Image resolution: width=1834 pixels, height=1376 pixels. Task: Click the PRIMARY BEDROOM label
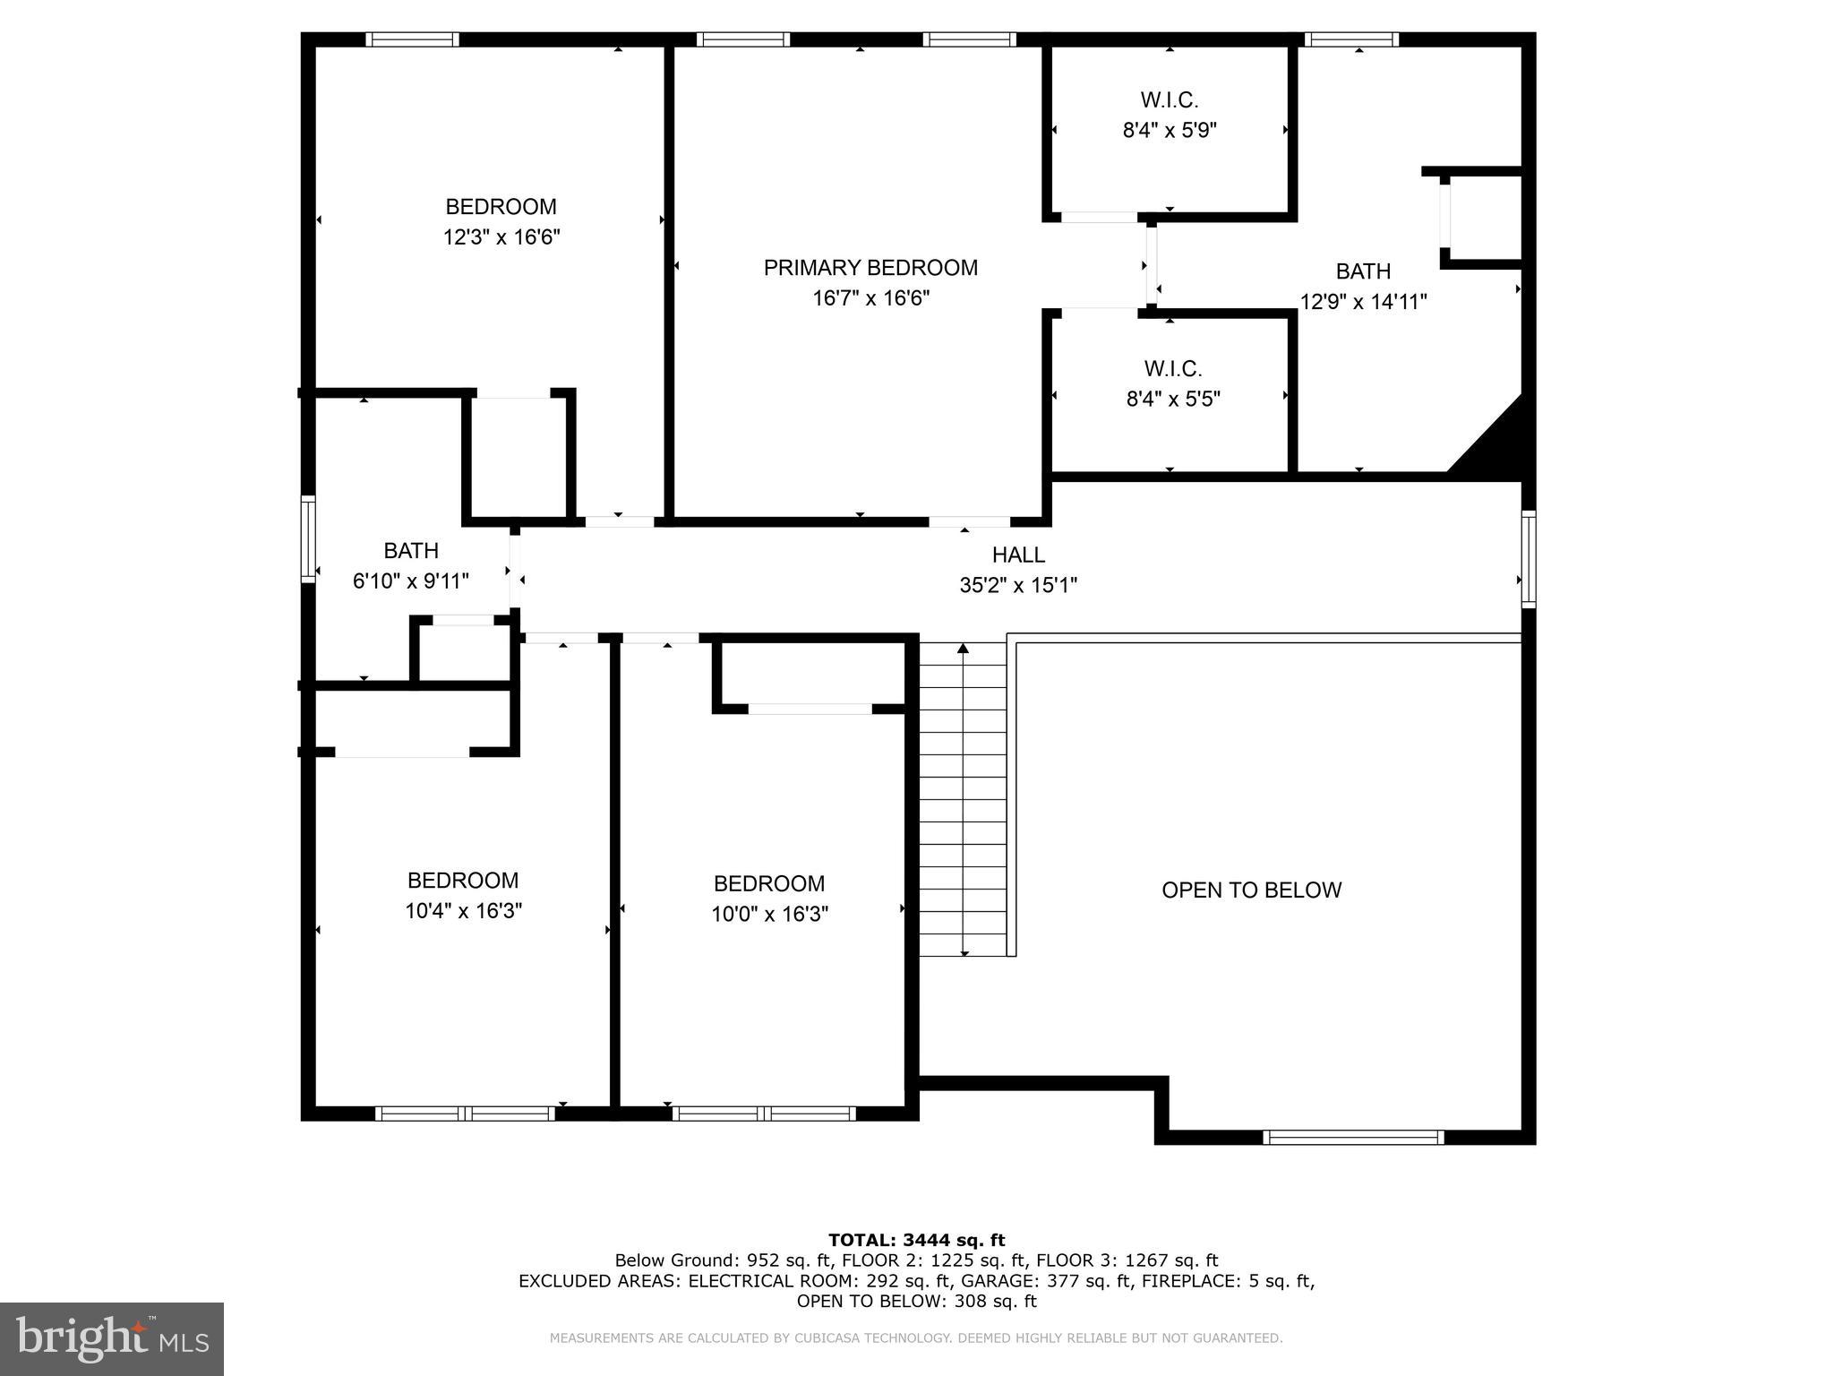pos(870,268)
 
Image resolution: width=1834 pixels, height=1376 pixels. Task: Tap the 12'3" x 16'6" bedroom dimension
pos(501,237)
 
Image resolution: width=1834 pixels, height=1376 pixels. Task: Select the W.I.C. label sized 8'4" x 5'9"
pos(1169,100)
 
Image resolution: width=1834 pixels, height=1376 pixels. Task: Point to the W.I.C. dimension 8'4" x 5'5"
pos(1173,399)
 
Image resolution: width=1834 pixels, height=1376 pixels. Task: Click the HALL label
pos(1018,555)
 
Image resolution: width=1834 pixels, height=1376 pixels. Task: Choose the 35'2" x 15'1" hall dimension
pos(1018,585)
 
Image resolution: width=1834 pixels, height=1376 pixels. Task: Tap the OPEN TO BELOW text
pos(1251,890)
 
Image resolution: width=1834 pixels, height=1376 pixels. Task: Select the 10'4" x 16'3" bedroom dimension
pos(463,911)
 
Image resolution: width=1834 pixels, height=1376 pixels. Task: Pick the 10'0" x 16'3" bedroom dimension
pos(769,914)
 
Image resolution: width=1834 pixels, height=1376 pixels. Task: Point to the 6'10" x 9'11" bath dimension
pos(410,581)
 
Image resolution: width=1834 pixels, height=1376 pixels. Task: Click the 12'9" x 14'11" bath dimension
pos(1363,302)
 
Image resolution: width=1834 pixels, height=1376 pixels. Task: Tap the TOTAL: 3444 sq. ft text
pos(916,1240)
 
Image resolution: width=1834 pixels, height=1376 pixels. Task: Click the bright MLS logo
pos(112,1338)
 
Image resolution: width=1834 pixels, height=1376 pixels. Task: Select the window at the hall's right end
pos(1529,559)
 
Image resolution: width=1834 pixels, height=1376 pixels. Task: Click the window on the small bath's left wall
pos(308,539)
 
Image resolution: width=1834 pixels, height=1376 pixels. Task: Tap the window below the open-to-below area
pos(1353,1138)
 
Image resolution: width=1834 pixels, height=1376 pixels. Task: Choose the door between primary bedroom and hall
pos(969,521)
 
